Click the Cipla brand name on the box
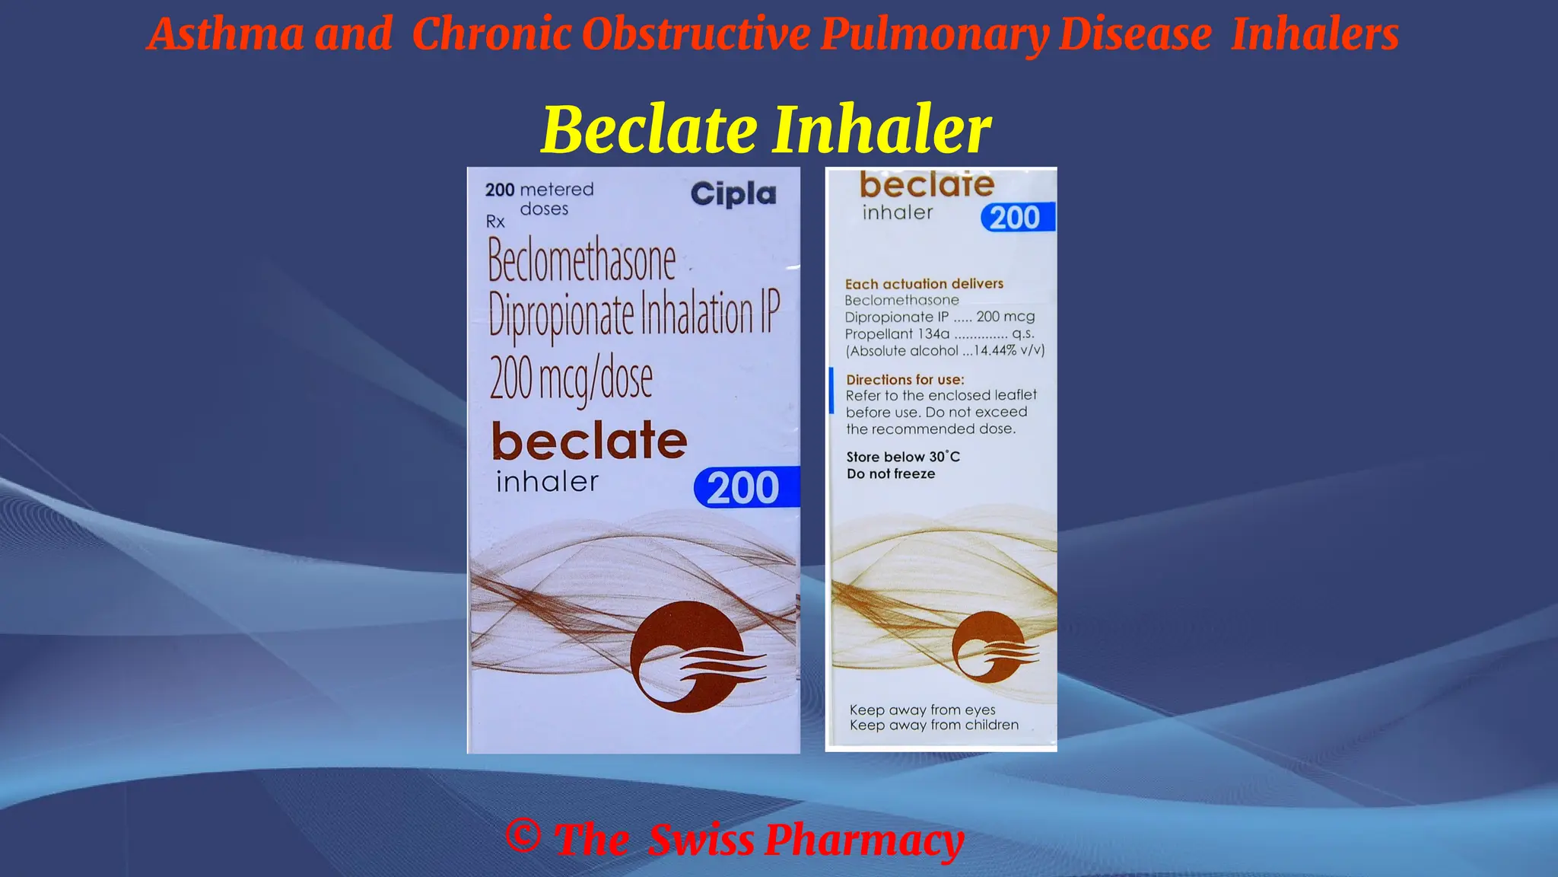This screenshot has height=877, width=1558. (733, 194)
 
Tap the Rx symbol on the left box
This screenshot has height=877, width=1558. (495, 222)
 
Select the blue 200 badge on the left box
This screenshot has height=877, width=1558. (745, 487)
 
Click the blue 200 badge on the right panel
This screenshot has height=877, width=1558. (1016, 218)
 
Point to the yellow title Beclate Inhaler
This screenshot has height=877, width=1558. (765, 129)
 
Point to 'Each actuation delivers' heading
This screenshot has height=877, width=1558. (924, 284)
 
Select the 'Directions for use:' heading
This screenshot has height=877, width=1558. (905, 379)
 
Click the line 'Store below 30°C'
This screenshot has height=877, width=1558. (903, 457)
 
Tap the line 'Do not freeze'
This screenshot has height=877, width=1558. (891, 474)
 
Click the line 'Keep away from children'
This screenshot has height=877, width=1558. (933, 725)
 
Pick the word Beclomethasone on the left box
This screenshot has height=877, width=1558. (581, 260)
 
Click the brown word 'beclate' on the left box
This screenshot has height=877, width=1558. (589, 441)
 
